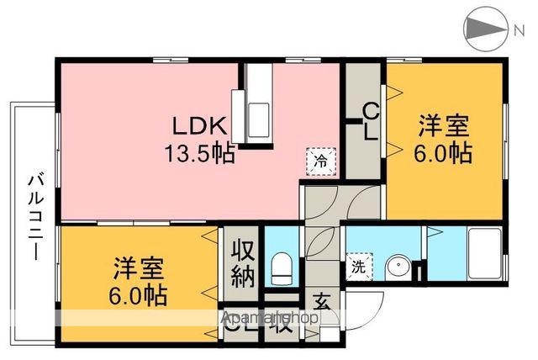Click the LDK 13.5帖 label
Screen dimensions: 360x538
199,140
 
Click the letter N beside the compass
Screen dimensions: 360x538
520,29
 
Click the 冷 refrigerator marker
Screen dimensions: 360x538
320,157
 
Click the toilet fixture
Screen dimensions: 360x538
282,268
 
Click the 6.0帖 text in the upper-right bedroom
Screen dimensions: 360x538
445,154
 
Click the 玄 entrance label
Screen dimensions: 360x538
321,301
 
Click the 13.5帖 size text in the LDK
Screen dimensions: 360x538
199,153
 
